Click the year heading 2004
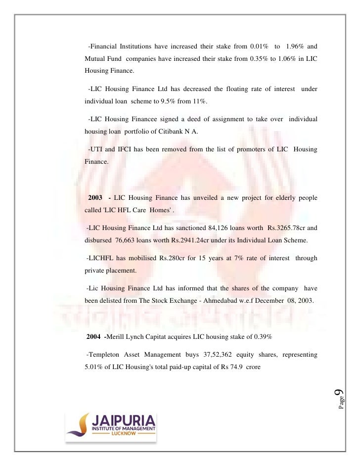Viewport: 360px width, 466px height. coord(94,336)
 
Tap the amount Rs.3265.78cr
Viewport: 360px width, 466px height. coord(287,228)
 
